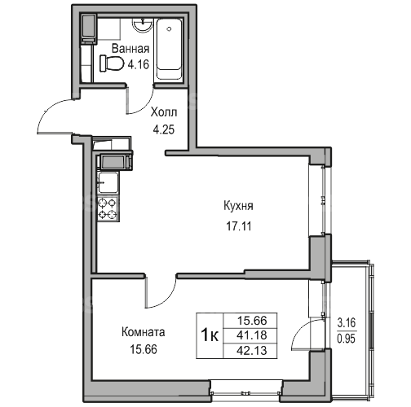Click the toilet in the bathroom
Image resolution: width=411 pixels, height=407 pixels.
point(112,63)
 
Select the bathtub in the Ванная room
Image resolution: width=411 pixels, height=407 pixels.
point(169,49)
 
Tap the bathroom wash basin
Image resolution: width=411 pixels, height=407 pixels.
point(142,25)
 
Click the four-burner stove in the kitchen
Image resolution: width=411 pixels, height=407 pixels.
point(108,209)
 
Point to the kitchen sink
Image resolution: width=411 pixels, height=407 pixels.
point(108,182)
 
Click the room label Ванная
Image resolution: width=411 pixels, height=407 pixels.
point(130,49)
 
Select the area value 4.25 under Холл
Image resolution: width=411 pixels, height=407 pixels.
point(164,129)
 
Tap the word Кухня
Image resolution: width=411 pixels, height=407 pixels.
point(238,206)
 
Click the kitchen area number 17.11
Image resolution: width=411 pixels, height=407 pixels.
point(239,225)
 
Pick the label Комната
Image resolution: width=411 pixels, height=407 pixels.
point(144,332)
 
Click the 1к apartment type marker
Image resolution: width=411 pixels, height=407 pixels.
point(210,336)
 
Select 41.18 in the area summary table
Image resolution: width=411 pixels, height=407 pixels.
point(252,335)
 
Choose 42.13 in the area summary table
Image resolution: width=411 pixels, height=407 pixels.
point(252,351)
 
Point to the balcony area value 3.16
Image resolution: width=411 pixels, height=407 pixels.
point(347,323)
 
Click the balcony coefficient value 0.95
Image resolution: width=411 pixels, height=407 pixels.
point(347,339)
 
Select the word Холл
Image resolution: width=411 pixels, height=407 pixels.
point(164,112)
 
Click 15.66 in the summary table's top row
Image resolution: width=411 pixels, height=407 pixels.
point(252,321)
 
